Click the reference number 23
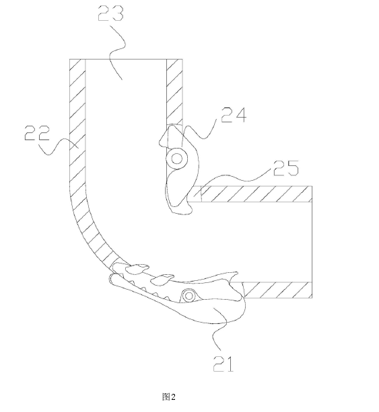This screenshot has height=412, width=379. (110, 13)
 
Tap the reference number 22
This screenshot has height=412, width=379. (37, 132)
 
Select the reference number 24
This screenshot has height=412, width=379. (234, 115)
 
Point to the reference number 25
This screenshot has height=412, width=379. (286, 167)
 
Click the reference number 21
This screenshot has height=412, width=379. (223, 364)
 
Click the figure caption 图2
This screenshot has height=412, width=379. (169, 397)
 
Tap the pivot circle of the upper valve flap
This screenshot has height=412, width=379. (177, 159)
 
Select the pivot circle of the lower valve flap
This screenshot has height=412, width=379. (188, 296)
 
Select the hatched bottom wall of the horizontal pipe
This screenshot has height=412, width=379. (277, 290)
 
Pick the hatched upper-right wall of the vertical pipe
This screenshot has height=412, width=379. (174, 92)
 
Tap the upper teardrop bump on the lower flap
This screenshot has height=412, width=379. (137, 268)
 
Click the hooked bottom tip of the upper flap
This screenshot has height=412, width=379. (190, 210)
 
